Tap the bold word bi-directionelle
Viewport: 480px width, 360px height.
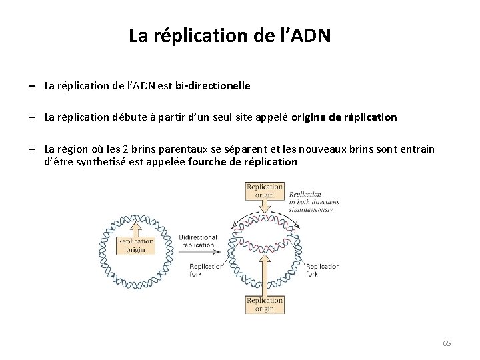213,86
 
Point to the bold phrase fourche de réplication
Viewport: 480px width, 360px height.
243,162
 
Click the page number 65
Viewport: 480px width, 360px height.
447,343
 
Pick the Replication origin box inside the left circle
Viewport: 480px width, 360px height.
135,245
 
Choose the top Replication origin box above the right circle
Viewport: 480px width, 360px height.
265,191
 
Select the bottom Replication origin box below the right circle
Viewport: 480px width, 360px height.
265,304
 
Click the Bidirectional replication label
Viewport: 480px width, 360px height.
199,241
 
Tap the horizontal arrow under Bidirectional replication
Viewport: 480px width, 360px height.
198,254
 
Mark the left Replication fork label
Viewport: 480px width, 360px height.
206,270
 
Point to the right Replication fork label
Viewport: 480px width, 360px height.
323,270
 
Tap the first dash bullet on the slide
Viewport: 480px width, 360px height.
32,86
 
